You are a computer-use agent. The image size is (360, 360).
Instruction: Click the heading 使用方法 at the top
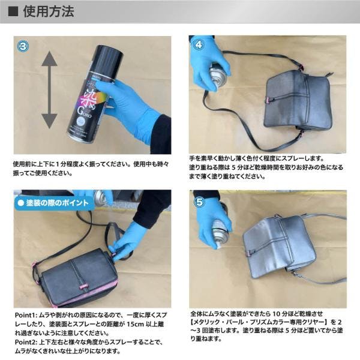(x=49, y=11)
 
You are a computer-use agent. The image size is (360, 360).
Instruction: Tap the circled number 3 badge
(x=23, y=46)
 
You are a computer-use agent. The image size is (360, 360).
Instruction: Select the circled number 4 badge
(x=199, y=44)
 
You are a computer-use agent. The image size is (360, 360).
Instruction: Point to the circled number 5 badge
(x=199, y=202)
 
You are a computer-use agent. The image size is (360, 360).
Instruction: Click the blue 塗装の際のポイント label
(x=54, y=203)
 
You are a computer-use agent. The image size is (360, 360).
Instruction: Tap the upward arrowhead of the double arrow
(x=49, y=59)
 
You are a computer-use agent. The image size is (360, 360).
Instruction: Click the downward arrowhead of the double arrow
(x=49, y=121)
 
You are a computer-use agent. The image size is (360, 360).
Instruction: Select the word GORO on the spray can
(x=85, y=113)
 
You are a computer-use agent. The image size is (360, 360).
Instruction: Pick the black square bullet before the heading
(x=13, y=11)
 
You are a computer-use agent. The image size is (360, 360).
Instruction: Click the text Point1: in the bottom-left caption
(x=26, y=315)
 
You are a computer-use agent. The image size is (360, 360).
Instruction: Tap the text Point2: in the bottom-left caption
(x=26, y=342)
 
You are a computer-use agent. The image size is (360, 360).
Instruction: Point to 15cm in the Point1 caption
(x=135, y=324)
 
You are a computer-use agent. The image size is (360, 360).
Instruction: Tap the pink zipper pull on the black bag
(x=83, y=287)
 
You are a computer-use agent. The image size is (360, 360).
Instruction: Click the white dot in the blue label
(x=21, y=203)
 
